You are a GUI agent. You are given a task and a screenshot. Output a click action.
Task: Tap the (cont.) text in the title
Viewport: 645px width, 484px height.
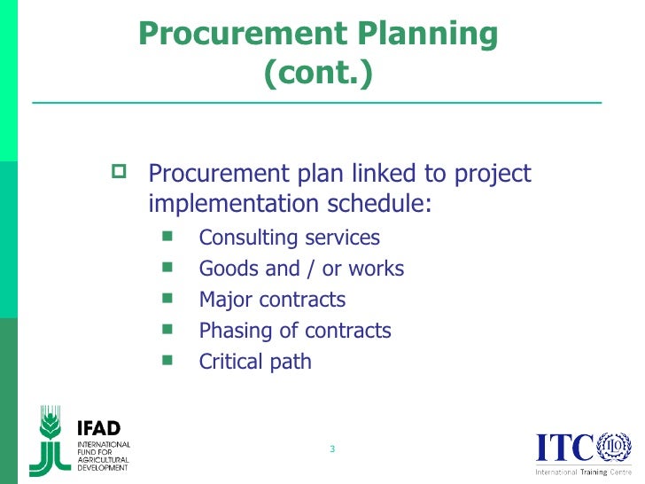coord(318,74)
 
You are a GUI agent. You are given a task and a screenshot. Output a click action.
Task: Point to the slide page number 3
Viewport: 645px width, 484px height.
coord(331,449)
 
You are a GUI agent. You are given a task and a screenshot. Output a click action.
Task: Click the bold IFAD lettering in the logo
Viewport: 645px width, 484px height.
coord(99,429)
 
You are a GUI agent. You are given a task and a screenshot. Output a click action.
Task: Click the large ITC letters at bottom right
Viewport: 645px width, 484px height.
coord(564,449)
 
